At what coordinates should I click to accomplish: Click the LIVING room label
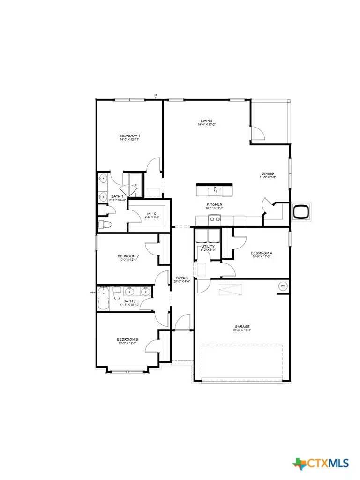click(206, 120)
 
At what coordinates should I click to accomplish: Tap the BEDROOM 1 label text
click(129, 135)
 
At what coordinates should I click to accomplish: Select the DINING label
click(267, 173)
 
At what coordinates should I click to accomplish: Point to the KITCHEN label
click(214, 205)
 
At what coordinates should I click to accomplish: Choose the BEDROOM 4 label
click(262, 253)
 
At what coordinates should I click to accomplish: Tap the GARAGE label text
click(242, 326)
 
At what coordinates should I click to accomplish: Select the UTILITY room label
click(208, 246)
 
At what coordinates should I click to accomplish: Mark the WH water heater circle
click(283, 286)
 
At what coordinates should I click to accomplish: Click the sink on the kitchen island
click(215, 190)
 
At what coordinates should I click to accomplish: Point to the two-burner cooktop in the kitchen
click(215, 219)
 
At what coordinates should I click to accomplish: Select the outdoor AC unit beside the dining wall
click(300, 211)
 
